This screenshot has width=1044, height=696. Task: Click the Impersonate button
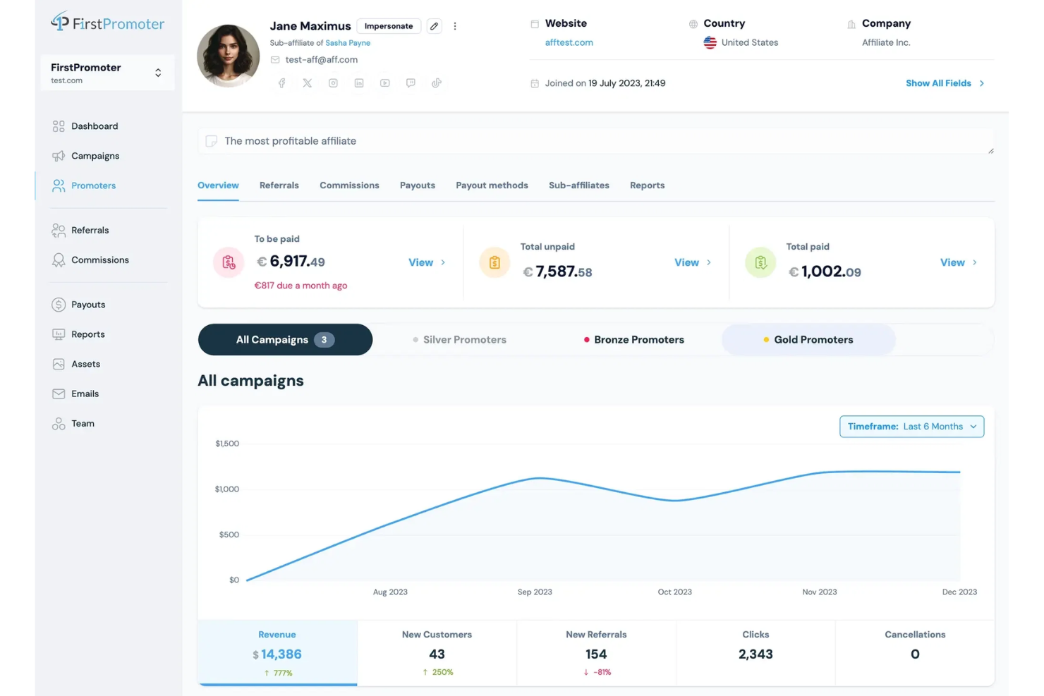(x=389, y=26)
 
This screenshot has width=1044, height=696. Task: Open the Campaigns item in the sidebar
(x=95, y=156)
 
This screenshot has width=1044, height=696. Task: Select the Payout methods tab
(x=492, y=185)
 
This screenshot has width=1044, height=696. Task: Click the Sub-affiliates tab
(x=578, y=185)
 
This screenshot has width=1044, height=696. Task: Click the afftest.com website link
(x=569, y=42)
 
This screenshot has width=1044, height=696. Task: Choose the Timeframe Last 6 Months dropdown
(x=911, y=427)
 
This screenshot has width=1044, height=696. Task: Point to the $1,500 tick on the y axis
(x=227, y=444)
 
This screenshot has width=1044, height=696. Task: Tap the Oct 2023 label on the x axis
(x=674, y=592)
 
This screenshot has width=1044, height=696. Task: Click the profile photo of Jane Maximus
(x=228, y=56)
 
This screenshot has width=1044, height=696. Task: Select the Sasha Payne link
(x=348, y=43)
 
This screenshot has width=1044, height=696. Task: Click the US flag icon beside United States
(x=710, y=42)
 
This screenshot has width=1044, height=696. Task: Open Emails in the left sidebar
(x=85, y=393)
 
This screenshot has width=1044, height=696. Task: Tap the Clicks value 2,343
(x=755, y=654)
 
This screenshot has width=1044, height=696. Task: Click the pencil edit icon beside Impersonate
(x=435, y=26)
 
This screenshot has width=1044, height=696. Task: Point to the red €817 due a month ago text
(x=301, y=286)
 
